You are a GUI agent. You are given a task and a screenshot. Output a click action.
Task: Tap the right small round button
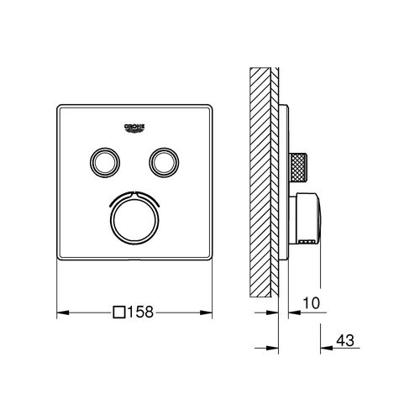[x=162, y=160]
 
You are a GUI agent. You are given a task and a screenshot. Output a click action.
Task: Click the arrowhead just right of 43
[x=321, y=345]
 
